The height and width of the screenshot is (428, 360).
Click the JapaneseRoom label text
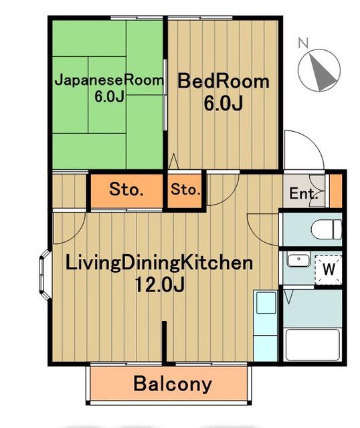[109, 80]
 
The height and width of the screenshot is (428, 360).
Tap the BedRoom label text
[223, 81]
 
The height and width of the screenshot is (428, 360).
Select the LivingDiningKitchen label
[159, 263]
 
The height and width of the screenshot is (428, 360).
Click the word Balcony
[173, 384]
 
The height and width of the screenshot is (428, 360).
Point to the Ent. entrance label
[304, 193]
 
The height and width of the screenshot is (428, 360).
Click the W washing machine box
[329, 270]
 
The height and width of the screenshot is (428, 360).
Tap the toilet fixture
[327, 229]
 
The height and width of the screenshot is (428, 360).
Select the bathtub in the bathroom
[312, 345]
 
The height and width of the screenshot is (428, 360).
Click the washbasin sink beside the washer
[298, 261]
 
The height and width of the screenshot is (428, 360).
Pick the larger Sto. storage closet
[126, 189]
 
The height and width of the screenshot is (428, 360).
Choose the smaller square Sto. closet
[185, 189]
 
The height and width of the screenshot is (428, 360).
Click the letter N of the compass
[303, 43]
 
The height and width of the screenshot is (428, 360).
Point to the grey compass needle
[322, 72]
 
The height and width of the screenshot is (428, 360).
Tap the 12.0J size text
[160, 285]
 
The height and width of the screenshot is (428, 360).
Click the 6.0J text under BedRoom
[223, 104]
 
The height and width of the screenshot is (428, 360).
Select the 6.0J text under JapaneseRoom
[109, 96]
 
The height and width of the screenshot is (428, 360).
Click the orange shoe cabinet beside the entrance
[336, 191]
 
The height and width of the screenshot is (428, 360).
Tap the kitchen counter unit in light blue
[266, 326]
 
